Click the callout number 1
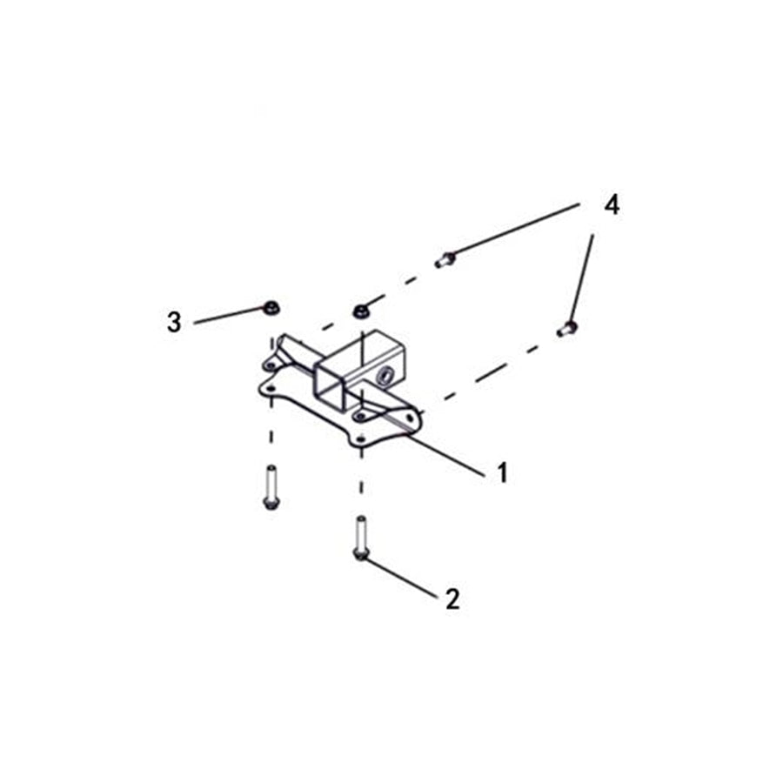pyautogui.click(x=502, y=472)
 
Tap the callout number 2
pyautogui.click(x=452, y=599)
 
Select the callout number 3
pyautogui.click(x=174, y=323)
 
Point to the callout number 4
pyautogui.click(x=612, y=206)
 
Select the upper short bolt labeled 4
pyautogui.click(x=445, y=258)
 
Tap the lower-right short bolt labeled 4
pyautogui.click(x=566, y=329)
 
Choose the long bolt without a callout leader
pyautogui.click(x=269, y=486)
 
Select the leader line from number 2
pyautogui.click(x=400, y=577)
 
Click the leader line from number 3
pyautogui.click(x=228, y=315)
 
